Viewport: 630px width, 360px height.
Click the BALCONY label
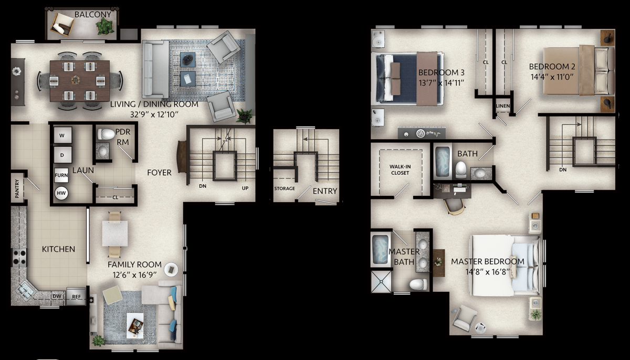(92, 14)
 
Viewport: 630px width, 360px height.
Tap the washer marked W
(62, 135)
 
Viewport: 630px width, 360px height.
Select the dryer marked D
(62, 155)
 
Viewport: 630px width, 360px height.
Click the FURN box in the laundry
(61, 175)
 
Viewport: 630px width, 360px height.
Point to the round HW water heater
(61, 193)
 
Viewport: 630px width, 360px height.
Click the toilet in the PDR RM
(106, 134)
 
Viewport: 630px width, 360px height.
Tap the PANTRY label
(17, 188)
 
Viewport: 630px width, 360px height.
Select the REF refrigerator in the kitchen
(76, 296)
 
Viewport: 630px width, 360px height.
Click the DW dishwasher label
(57, 296)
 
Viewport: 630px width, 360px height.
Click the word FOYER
(159, 173)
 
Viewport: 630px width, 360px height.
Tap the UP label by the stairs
(245, 188)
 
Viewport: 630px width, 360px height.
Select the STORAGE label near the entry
(285, 188)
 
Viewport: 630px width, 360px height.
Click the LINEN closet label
(502, 106)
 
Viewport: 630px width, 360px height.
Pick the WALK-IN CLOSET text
(400, 170)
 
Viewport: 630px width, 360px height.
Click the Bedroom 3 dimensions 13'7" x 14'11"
(441, 83)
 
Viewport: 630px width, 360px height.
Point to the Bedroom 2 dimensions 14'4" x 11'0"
(552, 77)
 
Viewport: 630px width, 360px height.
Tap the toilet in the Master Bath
(418, 284)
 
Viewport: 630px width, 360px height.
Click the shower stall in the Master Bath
(381, 282)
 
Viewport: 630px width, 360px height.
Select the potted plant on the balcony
(104, 27)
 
